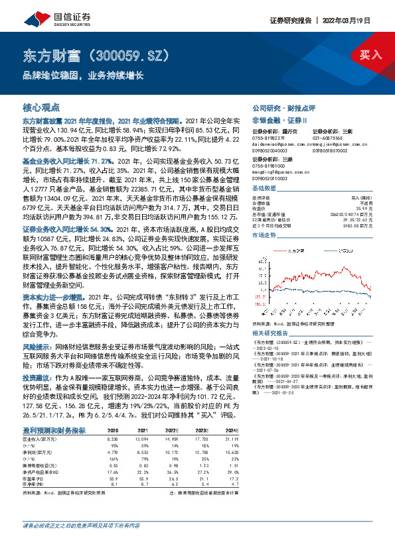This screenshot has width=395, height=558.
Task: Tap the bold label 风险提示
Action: (37, 347)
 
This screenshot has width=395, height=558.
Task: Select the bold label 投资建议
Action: (37, 375)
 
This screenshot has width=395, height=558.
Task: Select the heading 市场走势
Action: (264, 217)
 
